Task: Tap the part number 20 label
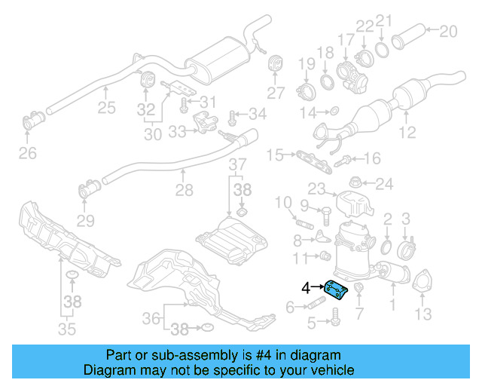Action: click(448, 31)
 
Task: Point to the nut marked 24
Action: click(358, 182)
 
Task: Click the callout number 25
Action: click(106, 108)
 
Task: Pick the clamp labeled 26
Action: click(34, 120)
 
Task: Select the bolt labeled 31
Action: click(185, 101)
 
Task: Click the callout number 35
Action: click(67, 329)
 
